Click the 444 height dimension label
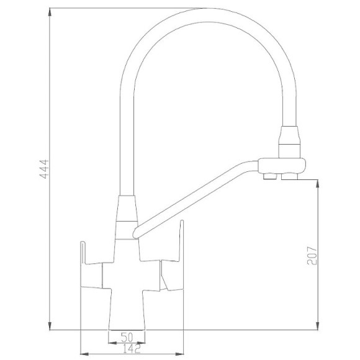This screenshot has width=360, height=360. [44, 169]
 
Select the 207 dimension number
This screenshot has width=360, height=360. [312, 256]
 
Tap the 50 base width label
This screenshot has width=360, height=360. [127, 337]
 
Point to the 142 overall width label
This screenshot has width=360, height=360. [131, 349]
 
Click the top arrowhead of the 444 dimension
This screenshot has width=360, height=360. [50, 12]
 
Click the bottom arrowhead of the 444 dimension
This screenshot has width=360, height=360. [50, 326]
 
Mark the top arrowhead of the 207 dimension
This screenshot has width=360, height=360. [318, 184]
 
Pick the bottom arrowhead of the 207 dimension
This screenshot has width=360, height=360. [318, 326]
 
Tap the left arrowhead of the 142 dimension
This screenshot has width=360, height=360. [84, 354]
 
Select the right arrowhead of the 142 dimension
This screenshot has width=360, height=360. [179, 354]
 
